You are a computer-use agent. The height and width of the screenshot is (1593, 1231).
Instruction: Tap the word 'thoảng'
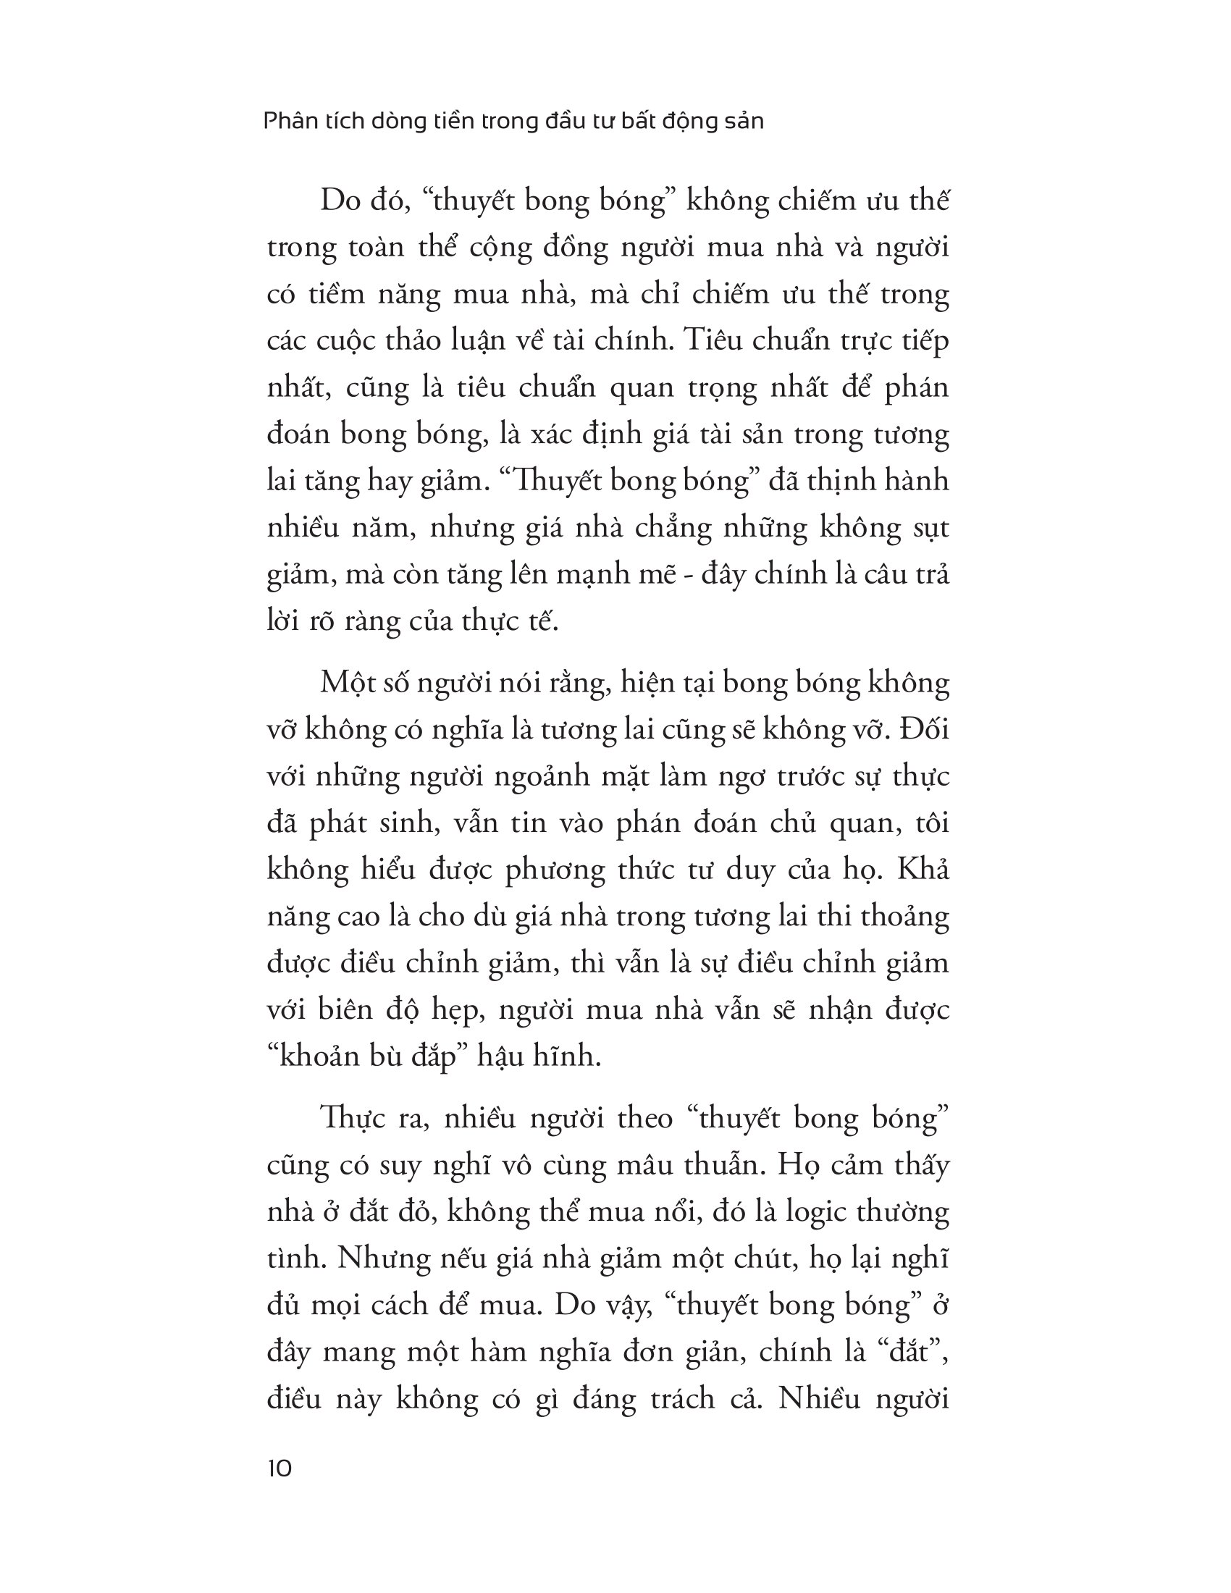[905, 917]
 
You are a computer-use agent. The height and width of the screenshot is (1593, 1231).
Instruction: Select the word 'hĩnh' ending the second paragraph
[568, 1057]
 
